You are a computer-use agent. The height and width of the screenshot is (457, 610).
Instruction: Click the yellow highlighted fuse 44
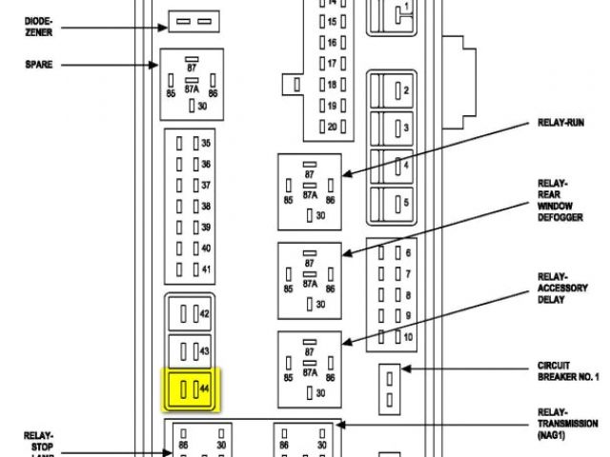[193, 389]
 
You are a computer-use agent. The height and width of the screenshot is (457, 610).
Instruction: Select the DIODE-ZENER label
[39, 25]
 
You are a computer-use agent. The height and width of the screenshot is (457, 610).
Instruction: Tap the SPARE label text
[39, 65]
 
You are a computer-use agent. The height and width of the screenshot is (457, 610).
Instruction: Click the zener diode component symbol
[195, 20]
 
